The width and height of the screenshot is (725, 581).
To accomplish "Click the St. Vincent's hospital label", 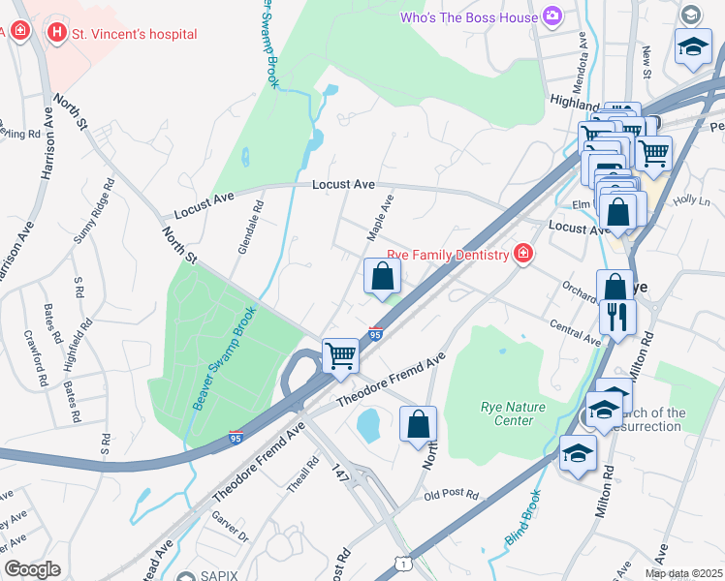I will tap(136, 34).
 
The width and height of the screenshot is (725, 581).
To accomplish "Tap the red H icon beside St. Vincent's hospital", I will tap(57, 33).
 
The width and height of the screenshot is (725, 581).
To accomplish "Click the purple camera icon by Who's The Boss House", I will tap(552, 15).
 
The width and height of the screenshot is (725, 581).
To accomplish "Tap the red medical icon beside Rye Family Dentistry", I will tap(523, 254).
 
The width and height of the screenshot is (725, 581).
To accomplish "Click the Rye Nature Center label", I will tap(507, 413).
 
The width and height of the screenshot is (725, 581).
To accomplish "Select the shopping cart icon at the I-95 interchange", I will tap(340, 355).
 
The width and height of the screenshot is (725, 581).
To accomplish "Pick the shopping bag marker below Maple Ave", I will tap(382, 277).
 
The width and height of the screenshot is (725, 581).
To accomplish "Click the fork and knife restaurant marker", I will tap(616, 317).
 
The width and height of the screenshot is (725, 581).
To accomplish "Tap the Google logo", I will tap(32, 569).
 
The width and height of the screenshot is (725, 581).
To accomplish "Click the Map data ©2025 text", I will tap(683, 573).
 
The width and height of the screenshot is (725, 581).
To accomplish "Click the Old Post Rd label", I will tap(452, 495).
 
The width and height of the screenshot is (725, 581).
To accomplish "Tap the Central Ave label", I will tap(575, 332).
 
